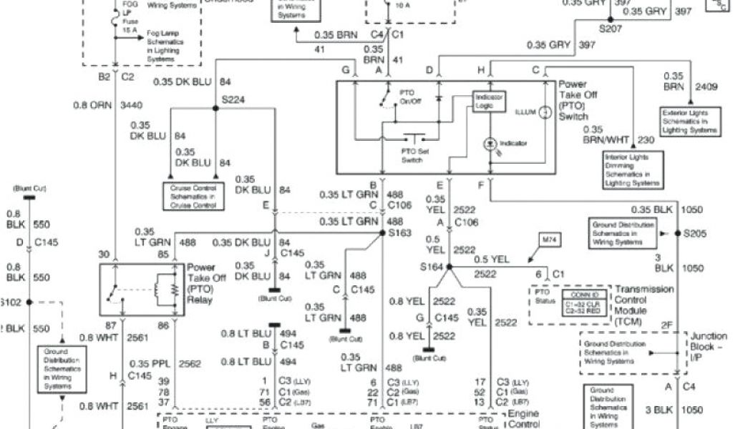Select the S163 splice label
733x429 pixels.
401,232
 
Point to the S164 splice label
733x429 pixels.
431,267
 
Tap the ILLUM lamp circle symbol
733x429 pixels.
543,112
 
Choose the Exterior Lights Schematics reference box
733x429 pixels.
689,122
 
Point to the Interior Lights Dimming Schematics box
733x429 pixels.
632,169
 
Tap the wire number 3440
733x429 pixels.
131,105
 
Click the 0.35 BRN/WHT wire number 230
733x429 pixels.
645,140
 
